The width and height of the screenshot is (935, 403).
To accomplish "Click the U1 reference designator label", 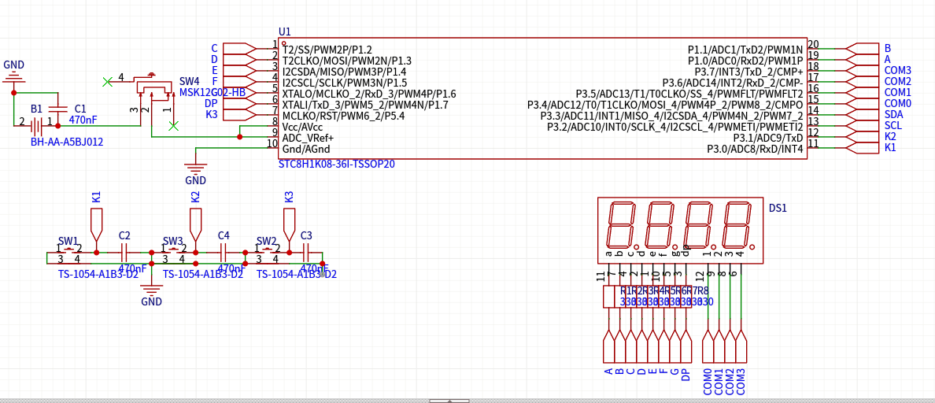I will coord(285,31).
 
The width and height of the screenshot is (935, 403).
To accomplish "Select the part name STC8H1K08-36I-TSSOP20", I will coord(337,165).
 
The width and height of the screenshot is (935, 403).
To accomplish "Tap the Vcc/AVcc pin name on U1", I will coord(302,127).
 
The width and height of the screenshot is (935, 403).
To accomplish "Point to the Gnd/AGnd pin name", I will coord(306,149).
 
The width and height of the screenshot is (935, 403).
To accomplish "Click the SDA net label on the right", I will coord(893,114).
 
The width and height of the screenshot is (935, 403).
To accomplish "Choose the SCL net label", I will coord(893,125).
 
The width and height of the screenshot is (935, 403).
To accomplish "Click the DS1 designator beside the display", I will coord(778,208).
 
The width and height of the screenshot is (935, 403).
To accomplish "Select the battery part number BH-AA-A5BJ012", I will coord(67,142).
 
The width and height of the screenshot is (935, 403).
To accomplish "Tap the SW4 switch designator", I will coord(190,81).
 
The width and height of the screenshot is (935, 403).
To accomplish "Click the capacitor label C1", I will coord(80,109).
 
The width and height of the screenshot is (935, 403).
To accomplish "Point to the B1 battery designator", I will coord(37,109).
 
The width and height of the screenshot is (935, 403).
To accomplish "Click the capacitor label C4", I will coord(224,235).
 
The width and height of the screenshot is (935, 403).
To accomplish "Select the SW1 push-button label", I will coord(68,241).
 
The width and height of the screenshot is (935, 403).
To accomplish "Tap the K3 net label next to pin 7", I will coord(212,114).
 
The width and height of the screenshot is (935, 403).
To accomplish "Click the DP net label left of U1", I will coord(211,103).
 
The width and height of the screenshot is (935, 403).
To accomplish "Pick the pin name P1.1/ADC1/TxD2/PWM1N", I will coord(745,50).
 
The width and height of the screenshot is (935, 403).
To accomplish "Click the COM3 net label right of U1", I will coord(898,70).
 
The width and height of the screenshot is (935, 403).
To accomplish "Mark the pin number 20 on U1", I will coord(813,45).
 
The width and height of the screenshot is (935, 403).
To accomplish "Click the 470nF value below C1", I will coord(83,120).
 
